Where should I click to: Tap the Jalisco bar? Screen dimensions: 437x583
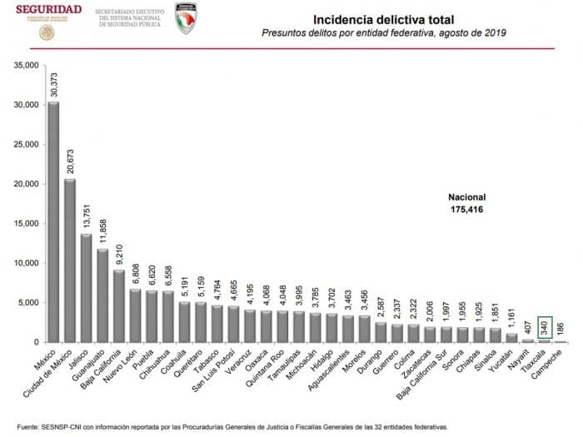click(86, 288)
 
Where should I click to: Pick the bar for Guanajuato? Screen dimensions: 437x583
click(102, 295)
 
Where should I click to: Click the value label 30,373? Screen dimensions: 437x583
click(53, 86)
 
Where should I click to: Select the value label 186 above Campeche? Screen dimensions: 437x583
click(561, 330)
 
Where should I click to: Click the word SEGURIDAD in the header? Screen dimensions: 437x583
click(48, 9)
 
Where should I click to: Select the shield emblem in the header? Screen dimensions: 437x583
click(186, 18)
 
